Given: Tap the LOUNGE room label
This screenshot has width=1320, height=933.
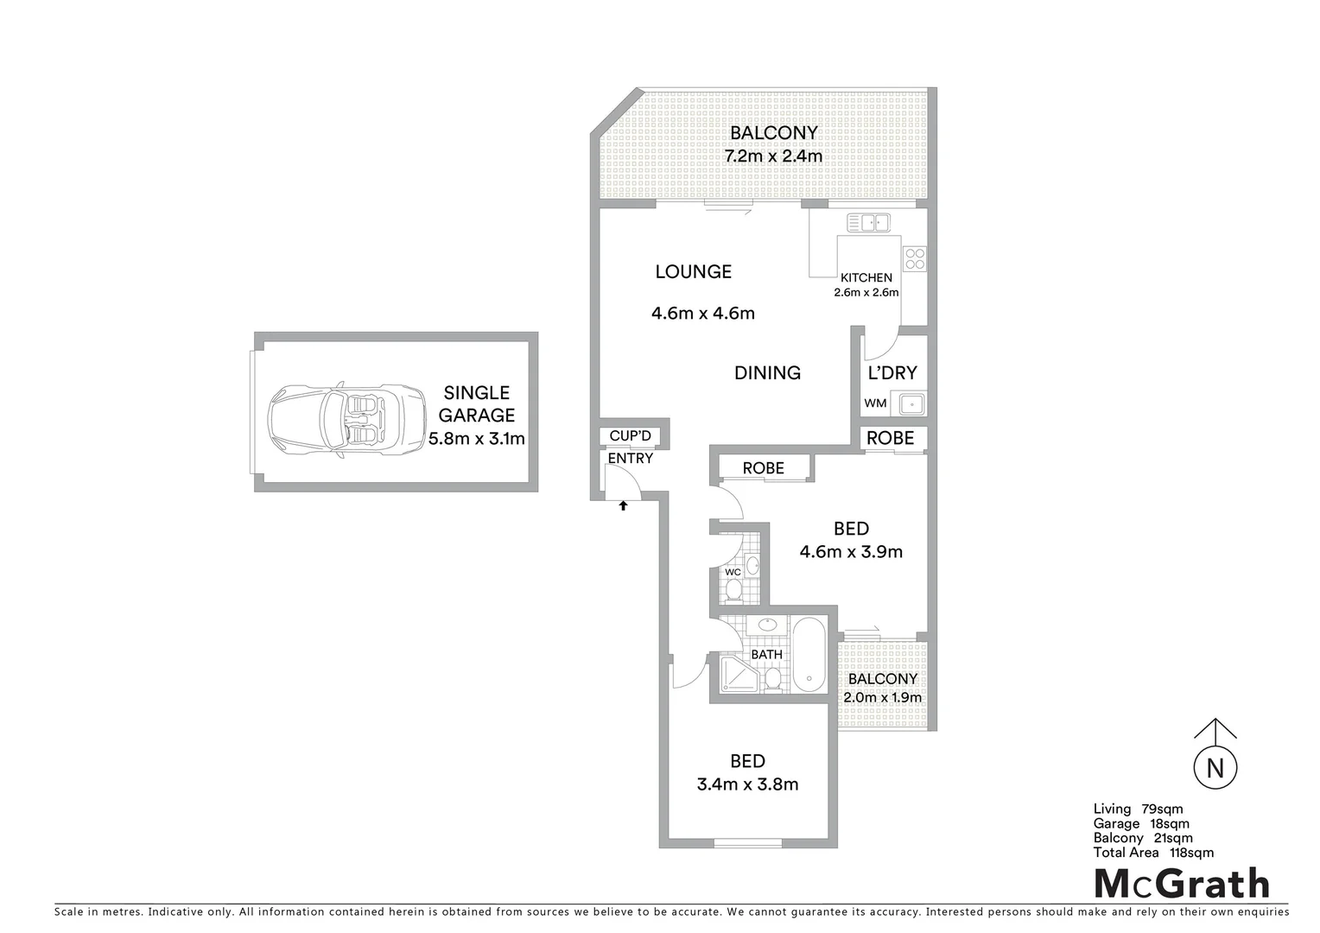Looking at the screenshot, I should [693, 272].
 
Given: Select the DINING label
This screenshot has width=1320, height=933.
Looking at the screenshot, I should [767, 373].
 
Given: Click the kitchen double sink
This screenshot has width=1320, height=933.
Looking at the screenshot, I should [868, 223].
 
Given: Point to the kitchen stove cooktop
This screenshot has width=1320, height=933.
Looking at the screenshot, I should [914, 257].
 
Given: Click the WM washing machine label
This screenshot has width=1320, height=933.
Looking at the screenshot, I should [875, 403].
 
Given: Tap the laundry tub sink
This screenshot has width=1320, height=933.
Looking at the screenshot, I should [910, 403].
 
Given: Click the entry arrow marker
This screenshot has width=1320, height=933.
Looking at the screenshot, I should [622, 506].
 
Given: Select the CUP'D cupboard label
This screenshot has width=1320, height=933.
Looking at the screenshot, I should [630, 436].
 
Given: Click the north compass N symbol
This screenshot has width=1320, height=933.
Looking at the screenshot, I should [1215, 767].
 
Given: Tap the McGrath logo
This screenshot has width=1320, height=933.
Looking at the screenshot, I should [1182, 884].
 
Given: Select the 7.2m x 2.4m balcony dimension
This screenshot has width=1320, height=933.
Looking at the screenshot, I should [772, 156].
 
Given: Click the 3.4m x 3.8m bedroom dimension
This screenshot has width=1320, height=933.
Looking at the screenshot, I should [747, 784].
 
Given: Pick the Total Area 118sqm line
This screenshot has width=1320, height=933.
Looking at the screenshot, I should [1153, 853].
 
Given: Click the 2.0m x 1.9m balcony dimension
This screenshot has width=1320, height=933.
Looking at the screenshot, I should [883, 698].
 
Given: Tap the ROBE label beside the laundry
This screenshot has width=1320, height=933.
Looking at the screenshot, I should [890, 438].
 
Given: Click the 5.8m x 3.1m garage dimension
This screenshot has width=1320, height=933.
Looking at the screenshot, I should [477, 439].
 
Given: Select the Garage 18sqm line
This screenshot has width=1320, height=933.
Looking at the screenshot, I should [1141, 823].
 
